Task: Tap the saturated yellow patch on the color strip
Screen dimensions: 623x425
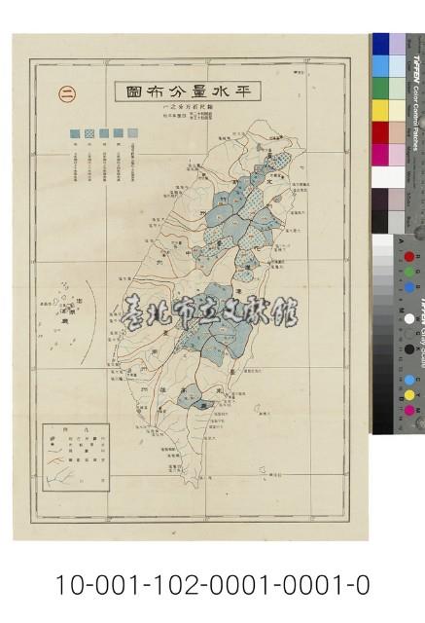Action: click(380, 109)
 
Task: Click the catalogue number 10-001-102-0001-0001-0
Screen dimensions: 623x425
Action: click(212, 585)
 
